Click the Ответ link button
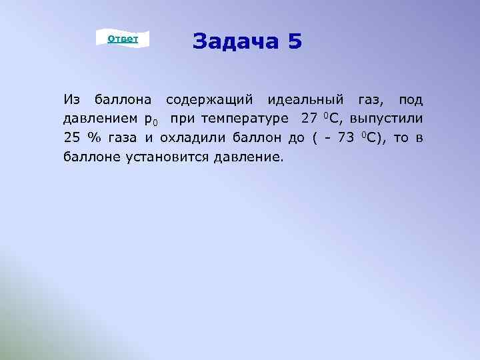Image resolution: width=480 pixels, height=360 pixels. (x=123, y=39)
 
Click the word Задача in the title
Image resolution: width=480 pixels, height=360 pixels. (x=235, y=41)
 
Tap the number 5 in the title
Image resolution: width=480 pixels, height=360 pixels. (x=295, y=41)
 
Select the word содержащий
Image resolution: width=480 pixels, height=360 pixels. (x=209, y=101)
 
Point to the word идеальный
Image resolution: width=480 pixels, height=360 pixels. (x=306, y=101)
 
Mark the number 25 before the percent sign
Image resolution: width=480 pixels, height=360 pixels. (x=71, y=139)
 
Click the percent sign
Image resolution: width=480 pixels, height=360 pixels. (x=91, y=139)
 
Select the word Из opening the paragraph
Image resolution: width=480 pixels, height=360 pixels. (x=71, y=101)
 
